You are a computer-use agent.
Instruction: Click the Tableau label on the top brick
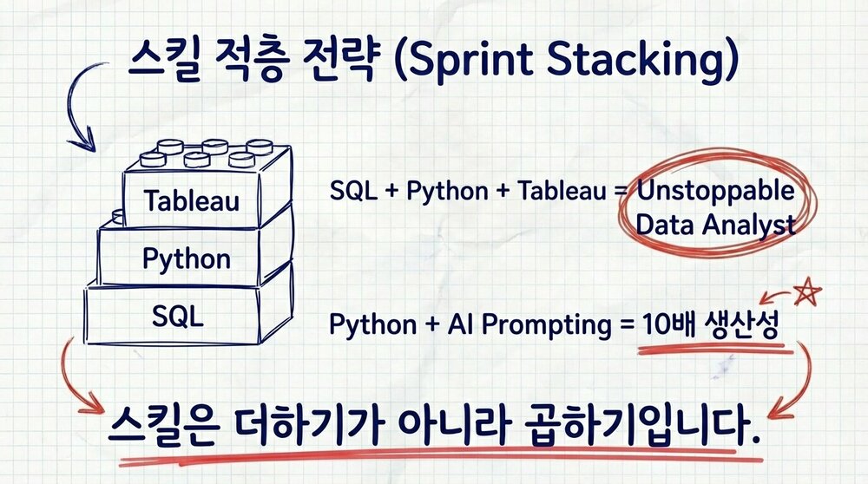click(x=192, y=201)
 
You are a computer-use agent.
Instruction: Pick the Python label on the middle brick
click(x=187, y=258)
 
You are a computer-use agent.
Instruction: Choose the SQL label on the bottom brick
click(x=177, y=316)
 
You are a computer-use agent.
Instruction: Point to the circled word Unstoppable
click(x=715, y=190)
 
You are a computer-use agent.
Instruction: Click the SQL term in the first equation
click(x=352, y=192)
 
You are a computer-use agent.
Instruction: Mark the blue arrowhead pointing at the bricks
click(x=84, y=140)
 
